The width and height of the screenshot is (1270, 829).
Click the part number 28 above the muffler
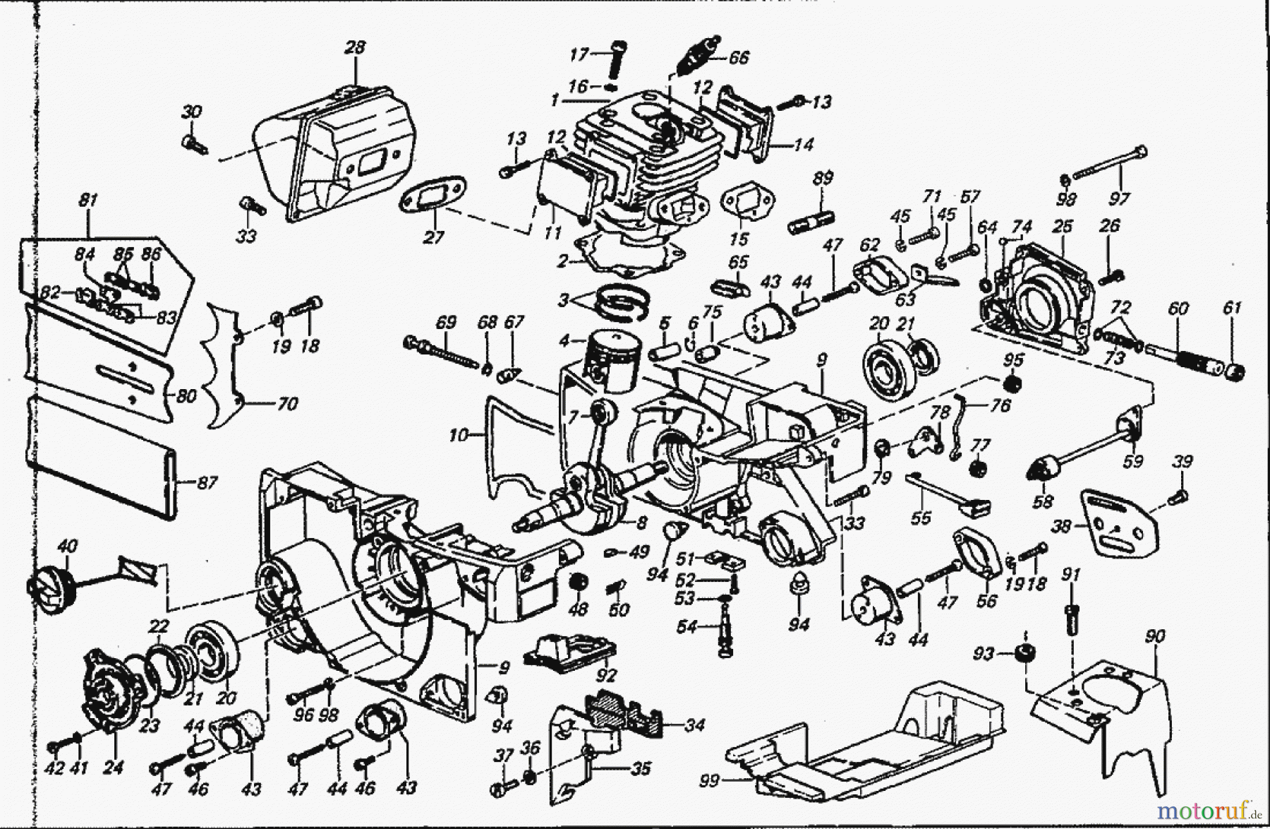[x=355, y=47]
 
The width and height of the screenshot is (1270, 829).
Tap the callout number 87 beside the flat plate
[x=207, y=483]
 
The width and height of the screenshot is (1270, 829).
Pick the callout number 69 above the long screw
[x=445, y=322]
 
